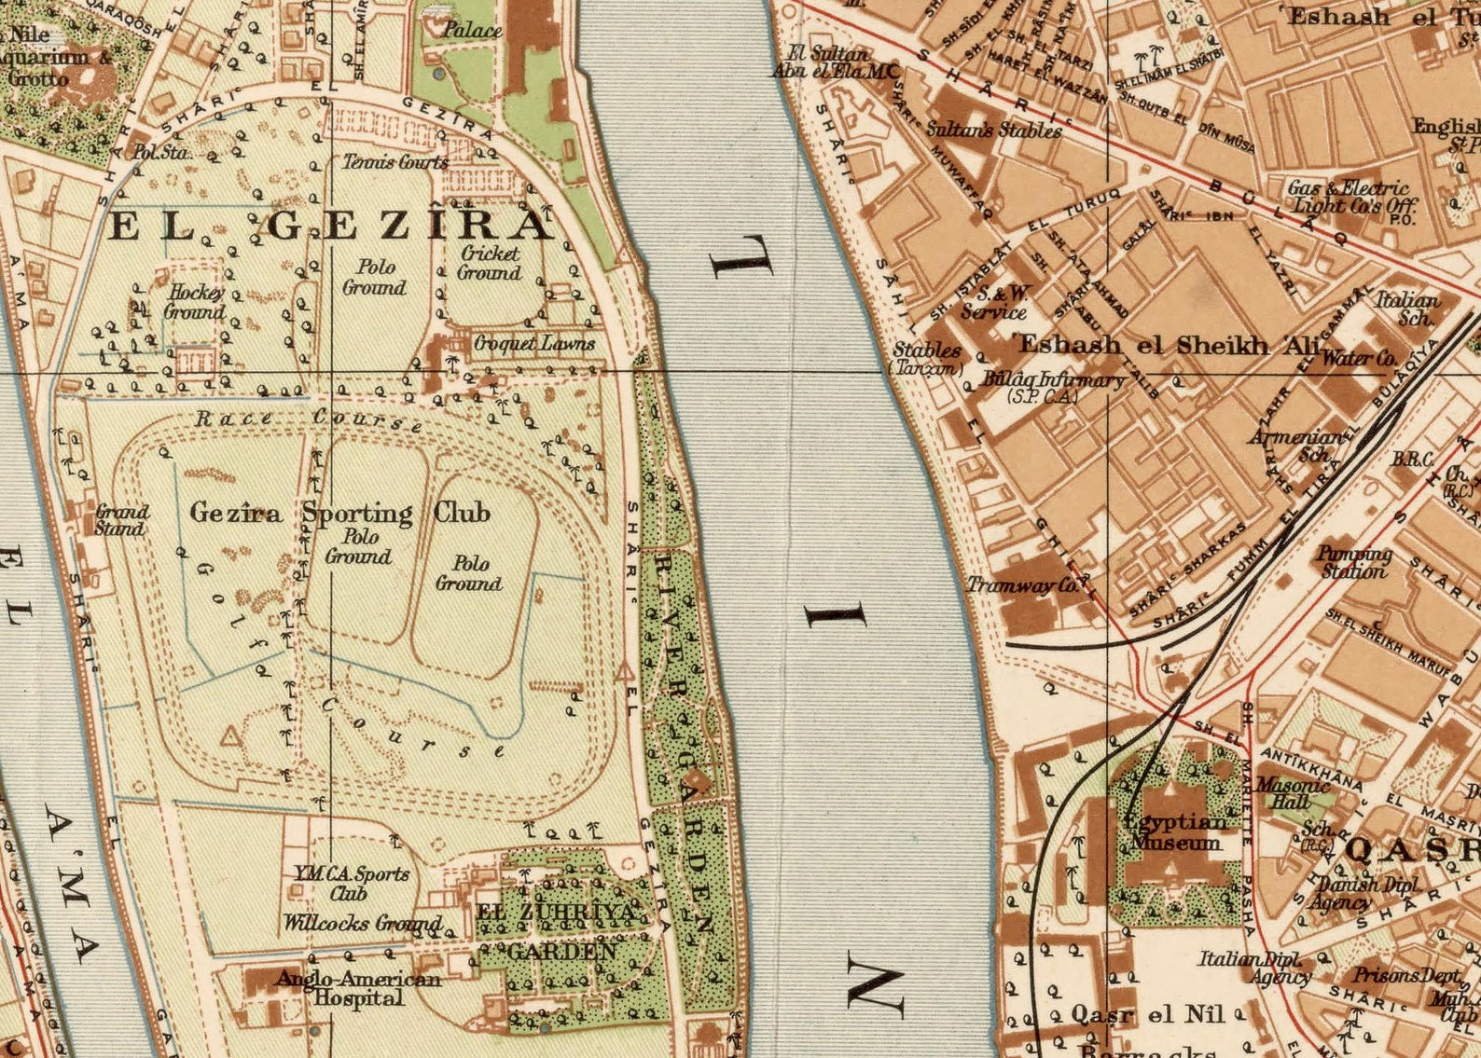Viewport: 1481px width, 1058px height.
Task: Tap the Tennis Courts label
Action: click(x=396, y=161)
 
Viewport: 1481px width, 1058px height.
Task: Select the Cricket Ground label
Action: click(x=490, y=263)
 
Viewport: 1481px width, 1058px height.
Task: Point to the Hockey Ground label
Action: click(x=195, y=302)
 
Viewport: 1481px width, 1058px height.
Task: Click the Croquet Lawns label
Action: click(x=533, y=343)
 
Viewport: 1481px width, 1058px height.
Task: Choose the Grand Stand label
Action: click(x=121, y=520)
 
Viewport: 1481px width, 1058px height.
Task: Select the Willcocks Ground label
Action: click(x=362, y=924)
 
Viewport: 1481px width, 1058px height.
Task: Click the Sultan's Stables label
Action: click(x=993, y=130)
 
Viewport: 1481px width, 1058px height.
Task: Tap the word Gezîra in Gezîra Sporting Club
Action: click(x=236, y=513)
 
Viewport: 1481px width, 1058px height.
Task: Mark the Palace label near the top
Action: click(x=472, y=30)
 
